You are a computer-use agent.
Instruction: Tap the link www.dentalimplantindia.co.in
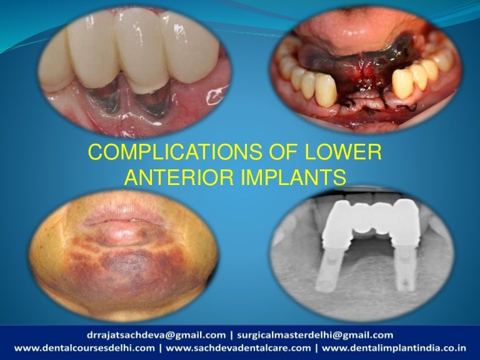tap(398, 347)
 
